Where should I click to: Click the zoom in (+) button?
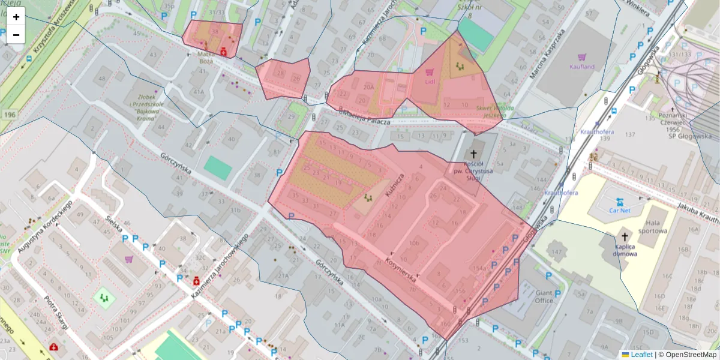click(x=16, y=17)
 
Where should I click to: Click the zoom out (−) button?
click(x=16, y=35)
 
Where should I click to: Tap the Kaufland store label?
click(x=581, y=67)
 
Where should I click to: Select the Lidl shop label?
click(x=430, y=82)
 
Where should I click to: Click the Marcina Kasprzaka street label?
click(x=545, y=55)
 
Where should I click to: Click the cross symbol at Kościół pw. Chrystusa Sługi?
click(x=474, y=154)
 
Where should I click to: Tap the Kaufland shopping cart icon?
click(x=581, y=56)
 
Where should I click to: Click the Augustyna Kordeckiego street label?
click(x=45, y=226)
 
